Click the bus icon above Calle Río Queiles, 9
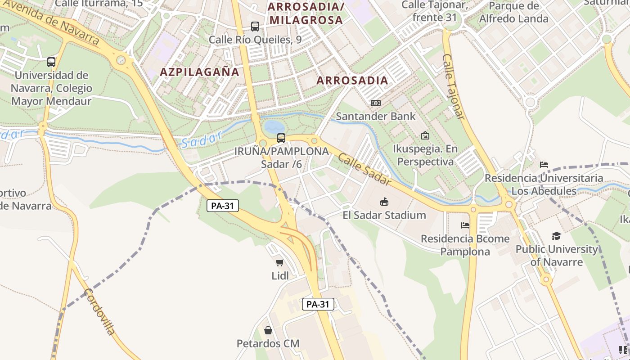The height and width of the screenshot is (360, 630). (x=255, y=27)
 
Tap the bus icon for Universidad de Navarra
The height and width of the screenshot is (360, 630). (x=51, y=62)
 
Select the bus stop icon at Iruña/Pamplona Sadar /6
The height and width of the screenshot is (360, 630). (x=281, y=138)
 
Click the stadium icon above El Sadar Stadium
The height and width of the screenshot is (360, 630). (x=384, y=202)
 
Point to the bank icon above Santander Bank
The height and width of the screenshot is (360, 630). (x=375, y=103)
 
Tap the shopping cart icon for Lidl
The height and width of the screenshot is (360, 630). (x=280, y=262)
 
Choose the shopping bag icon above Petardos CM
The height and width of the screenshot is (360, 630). (x=268, y=331)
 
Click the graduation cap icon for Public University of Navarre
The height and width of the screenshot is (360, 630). (x=557, y=236)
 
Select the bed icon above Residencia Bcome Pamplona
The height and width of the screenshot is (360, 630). (x=465, y=225)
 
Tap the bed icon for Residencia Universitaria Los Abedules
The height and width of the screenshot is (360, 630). (x=544, y=165)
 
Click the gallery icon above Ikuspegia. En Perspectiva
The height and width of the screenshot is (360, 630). (x=425, y=135)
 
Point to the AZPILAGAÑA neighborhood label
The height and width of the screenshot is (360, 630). (x=199, y=72)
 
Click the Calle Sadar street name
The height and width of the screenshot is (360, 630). (x=364, y=169)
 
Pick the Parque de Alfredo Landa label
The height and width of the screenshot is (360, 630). (x=513, y=12)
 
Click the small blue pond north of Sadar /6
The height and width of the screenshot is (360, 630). (x=274, y=126)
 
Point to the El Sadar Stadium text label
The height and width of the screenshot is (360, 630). (x=384, y=215)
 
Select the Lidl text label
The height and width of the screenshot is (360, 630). (x=280, y=275)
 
